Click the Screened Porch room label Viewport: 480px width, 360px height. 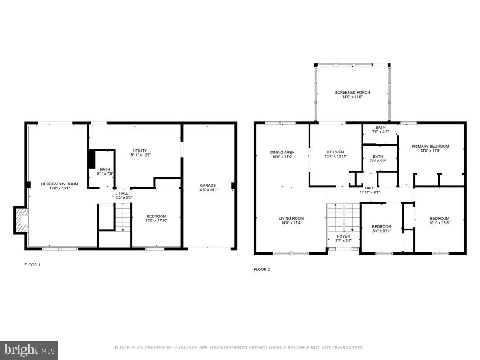tap(352, 93)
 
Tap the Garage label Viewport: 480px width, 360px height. tap(208, 185)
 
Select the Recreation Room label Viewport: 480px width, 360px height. tap(59, 184)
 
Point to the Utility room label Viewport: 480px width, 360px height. tap(139, 151)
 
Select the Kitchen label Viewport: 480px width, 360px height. tap(335, 152)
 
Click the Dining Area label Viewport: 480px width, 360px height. tap(282, 153)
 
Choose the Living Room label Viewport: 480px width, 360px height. tap(291, 218)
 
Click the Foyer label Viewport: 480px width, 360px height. tap(343, 236)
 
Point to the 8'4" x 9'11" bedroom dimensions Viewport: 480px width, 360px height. tap(381, 231)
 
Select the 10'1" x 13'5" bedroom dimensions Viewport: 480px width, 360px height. tap(439, 222)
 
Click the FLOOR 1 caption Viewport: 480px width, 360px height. tap(32, 265)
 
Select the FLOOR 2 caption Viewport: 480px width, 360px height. tap(262, 270)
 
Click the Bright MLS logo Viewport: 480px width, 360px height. tap(29, 350)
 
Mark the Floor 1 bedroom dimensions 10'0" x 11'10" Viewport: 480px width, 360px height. tap(156, 220)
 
